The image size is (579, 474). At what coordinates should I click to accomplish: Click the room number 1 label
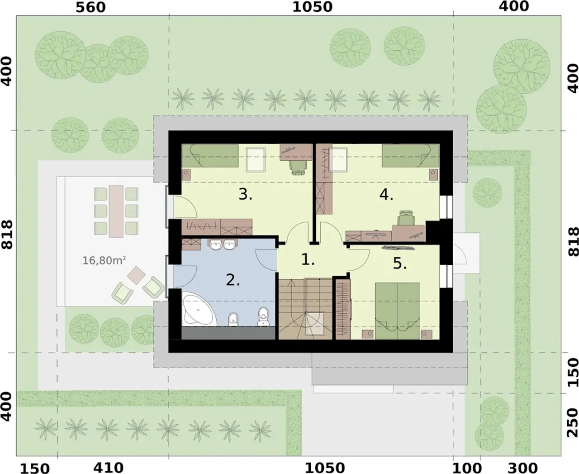tap(308, 260)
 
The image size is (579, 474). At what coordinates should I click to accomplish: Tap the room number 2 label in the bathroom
tap(233, 280)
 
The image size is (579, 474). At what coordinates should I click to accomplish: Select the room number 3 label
tap(245, 194)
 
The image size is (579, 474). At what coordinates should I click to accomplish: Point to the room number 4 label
tap(386, 195)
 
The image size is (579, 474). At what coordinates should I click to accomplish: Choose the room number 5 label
tap(400, 263)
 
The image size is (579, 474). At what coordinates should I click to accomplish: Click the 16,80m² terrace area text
tap(104, 260)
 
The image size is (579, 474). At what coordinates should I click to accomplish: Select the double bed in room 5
tap(397, 311)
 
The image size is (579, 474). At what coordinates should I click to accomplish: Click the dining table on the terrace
tap(116, 211)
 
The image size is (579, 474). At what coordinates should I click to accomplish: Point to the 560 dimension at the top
tap(90, 7)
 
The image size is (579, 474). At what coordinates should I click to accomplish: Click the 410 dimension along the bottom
tap(108, 468)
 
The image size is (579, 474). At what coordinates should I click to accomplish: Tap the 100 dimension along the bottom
tap(466, 468)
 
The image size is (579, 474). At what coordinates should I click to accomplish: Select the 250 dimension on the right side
tap(573, 422)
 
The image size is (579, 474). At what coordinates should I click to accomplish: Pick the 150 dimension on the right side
tap(573, 372)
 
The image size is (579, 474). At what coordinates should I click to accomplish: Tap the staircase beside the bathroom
tap(305, 309)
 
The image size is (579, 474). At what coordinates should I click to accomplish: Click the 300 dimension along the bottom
tap(522, 468)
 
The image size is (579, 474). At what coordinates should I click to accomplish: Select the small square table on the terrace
tap(137, 275)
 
